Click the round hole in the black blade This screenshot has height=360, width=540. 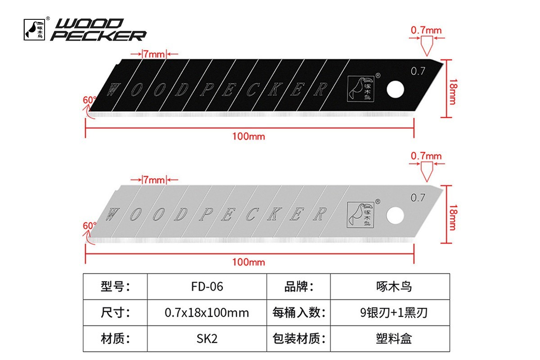pos(396,90)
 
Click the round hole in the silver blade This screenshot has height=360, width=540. pos(395,215)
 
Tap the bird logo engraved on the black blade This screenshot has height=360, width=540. pos(360,89)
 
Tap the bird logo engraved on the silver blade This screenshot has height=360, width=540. pos(360,215)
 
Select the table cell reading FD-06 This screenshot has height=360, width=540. pos(207,287)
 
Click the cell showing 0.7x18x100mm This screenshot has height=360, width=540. pos(207,312)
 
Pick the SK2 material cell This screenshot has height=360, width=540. pos(207,338)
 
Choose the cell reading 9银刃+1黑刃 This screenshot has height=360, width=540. pos(390,312)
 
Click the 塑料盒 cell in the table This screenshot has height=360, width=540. pos(390,338)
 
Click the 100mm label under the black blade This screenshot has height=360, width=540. pos(248,136)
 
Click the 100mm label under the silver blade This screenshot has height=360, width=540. pos(248,262)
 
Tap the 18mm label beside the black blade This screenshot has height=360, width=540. pos(453,92)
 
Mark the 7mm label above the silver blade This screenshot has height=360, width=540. pos(154,180)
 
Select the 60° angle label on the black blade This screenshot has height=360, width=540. pos(90,100)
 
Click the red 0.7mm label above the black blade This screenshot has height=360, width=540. pos(426,31)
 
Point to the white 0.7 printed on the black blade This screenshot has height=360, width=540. pos(418,71)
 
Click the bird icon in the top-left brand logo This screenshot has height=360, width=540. pos(34,29)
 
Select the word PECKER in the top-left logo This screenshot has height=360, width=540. pos(99,36)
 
